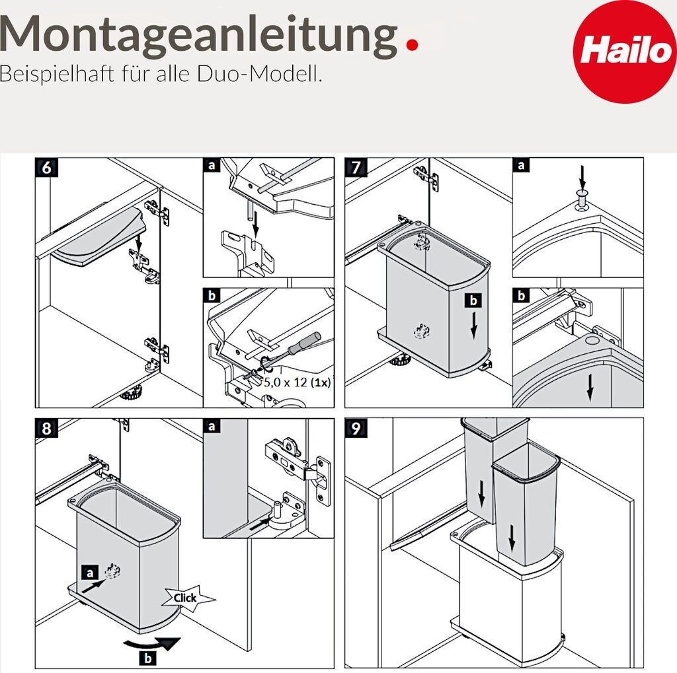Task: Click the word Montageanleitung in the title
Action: tap(198, 36)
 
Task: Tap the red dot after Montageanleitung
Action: tap(413, 45)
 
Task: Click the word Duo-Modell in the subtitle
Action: tap(259, 74)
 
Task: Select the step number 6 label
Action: tap(47, 167)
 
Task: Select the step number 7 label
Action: tap(356, 167)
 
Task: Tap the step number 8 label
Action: tap(47, 429)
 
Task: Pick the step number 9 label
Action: tap(356, 429)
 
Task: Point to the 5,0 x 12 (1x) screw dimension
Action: tap(297, 382)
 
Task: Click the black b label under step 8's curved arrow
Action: tap(148, 659)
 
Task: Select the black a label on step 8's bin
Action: tap(89, 573)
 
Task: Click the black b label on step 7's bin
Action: tap(473, 301)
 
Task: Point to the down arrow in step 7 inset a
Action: tap(582, 177)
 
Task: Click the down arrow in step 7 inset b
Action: tap(590, 388)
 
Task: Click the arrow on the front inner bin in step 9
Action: tap(512, 538)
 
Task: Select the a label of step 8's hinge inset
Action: tap(212, 427)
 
